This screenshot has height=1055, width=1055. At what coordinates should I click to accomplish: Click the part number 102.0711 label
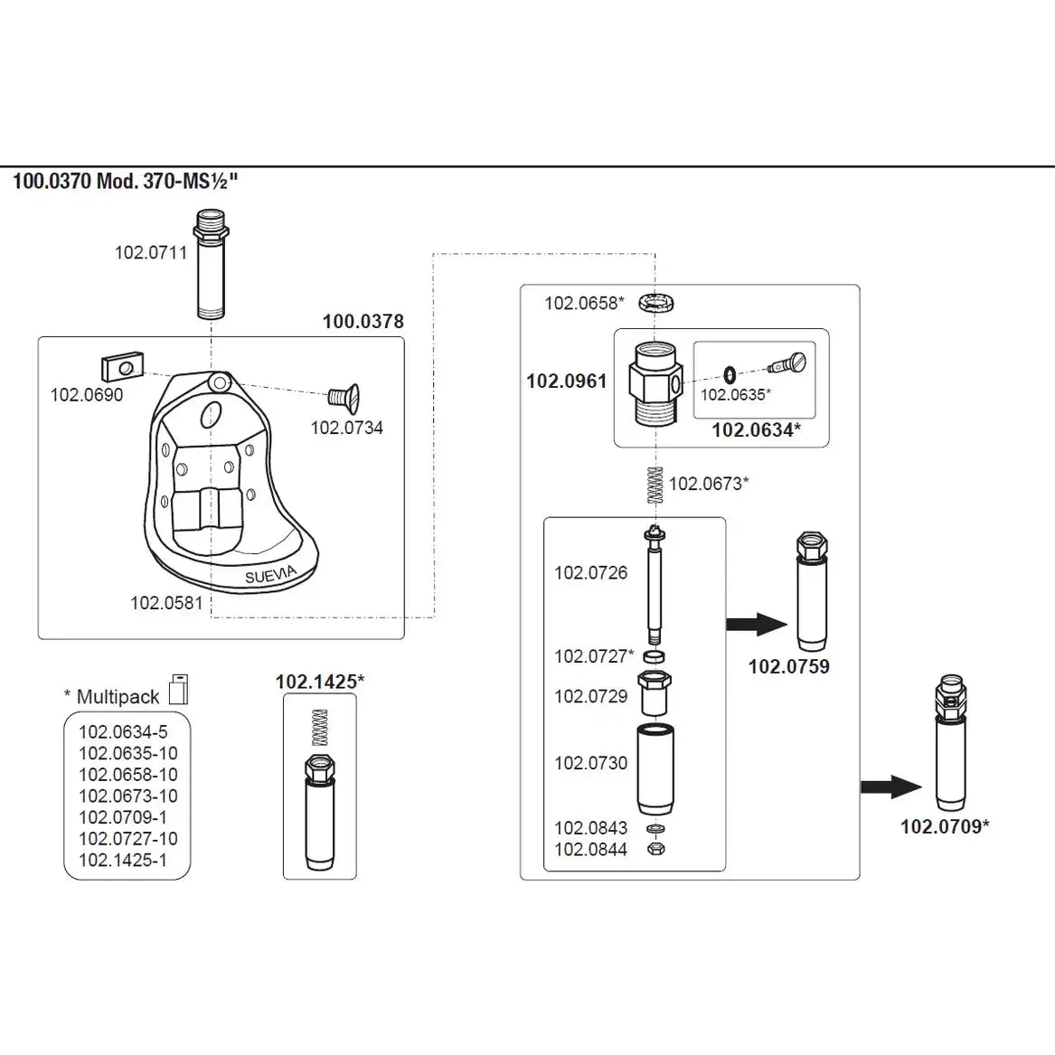[150, 252]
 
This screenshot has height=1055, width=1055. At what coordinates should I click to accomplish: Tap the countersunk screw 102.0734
[344, 395]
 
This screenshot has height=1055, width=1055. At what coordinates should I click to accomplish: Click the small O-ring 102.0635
[729, 373]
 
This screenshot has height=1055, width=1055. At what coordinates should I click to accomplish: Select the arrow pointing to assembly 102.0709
[890, 787]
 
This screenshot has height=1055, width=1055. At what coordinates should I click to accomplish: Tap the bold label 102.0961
[567, 381]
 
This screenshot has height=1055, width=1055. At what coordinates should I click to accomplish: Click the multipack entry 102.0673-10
[127, 796]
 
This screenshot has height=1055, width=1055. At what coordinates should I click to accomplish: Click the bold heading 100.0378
[363, 321]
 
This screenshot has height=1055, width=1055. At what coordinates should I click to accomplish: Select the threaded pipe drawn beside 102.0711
[211, 265]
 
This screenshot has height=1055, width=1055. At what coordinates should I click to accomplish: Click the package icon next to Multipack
[179, 689]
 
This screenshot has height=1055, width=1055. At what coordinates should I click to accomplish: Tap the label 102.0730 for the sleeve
[590, 763]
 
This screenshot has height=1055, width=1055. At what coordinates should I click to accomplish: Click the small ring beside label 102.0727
[659, 655]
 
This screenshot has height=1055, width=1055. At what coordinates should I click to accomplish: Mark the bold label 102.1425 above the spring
[319, 682]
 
